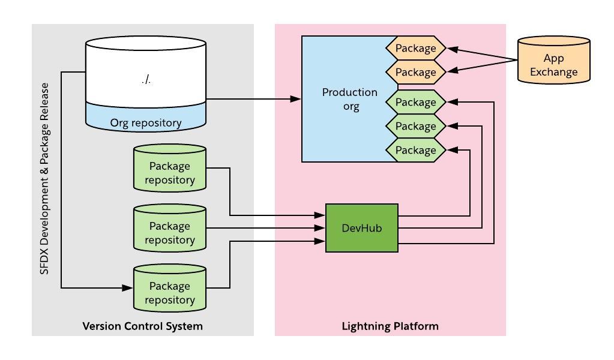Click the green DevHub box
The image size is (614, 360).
coord(361,228)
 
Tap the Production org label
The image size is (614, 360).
coord(349,100)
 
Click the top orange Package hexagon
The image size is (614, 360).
coord(415,49)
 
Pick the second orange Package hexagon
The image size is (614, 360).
coord(415,73)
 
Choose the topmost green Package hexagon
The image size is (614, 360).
coord(415,103)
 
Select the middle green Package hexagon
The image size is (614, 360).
coord(415,127)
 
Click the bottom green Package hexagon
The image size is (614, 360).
coord(415,150)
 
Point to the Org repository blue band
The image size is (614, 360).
coord(146,122)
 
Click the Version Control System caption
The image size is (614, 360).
coord(142,326)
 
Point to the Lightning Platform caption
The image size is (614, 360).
coord(390,326)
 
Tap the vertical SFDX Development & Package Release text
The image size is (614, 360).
coord(44,179)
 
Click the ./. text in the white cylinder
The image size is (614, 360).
coord(146,80)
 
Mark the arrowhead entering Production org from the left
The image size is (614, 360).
coord(296,99)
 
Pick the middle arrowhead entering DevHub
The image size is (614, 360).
coord(320,228)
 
